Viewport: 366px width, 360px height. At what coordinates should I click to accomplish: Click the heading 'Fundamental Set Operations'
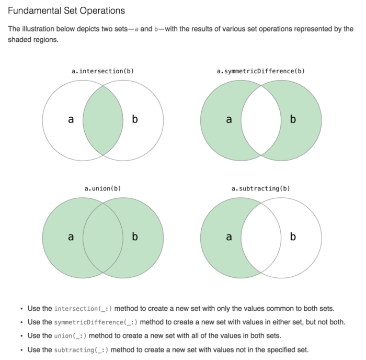coord(66,11)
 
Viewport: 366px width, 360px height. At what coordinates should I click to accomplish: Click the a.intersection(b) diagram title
coord(102,71)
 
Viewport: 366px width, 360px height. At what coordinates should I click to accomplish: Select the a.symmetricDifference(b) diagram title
coord(260,71)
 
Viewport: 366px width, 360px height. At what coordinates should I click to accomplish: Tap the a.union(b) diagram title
coord(102,188)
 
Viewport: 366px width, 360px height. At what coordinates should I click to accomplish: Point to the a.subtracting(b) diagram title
coord(260,188)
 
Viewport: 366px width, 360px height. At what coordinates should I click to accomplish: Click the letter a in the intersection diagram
coord(71,120)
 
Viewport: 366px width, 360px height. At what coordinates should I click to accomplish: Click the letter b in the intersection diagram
coord(135,120)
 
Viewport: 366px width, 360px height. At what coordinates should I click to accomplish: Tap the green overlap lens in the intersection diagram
coord(102,120)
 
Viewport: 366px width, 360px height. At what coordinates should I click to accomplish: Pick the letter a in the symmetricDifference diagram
coord(228,120)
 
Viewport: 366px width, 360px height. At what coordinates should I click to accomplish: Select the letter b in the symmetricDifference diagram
coord(293,120)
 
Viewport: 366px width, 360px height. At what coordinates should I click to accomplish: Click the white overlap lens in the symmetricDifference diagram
coord(260,120)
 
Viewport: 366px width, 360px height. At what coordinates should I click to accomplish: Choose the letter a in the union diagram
coord(71,237)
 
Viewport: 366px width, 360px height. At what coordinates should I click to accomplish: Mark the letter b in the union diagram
coord(135,237)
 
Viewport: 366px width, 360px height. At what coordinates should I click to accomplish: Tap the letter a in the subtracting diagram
coord(228,237)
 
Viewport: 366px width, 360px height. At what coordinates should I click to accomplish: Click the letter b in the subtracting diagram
coord(293,237)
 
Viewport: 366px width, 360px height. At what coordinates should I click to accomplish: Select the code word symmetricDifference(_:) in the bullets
coord(96,322)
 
